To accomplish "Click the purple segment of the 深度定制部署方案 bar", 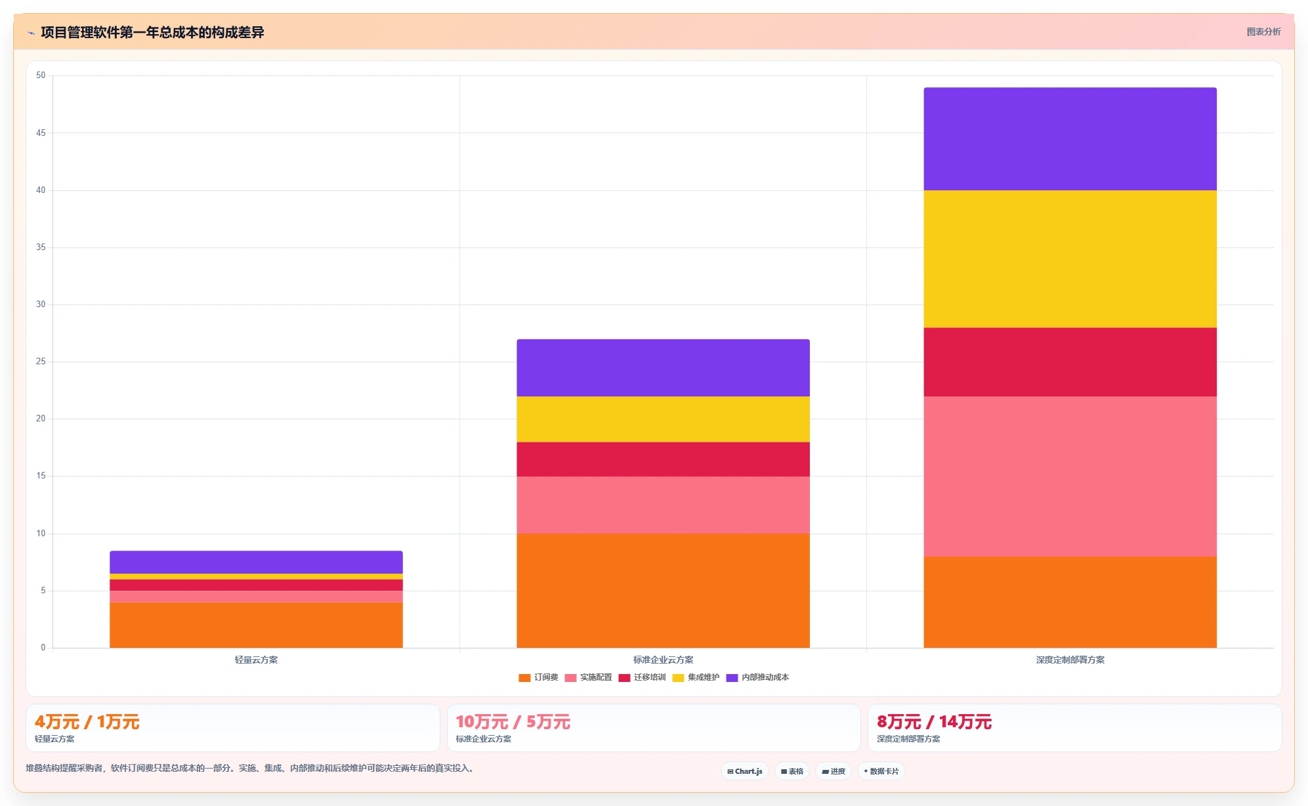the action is tap(1070, 139).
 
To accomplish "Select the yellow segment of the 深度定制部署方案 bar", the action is tap(1070, 259).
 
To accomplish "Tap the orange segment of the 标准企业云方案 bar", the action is tap(663, 591).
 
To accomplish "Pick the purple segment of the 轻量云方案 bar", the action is tap(256, 562).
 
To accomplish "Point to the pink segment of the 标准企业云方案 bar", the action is tap(663, 505).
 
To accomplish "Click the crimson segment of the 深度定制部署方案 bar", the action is tap(1070, 362).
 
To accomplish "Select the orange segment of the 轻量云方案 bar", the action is tap(256, 625).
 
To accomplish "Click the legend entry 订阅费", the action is tap(538, 677).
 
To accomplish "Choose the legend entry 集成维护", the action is tap(696, 677).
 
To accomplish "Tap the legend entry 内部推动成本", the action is tap(757, 677).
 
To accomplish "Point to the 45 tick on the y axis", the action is tap(41, 133).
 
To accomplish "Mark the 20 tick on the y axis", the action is tap(41, 419).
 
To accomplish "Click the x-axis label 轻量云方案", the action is tap(256, 660).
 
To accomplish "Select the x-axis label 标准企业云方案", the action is tap(663, 660).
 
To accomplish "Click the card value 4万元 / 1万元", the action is tap(87, 722).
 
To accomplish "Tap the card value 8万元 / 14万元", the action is tap(934, 722).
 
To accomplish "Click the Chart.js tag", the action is tap(745, 771).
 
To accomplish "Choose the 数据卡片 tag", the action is tap(881, 771).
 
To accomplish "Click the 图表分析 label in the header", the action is tap(1263, 32).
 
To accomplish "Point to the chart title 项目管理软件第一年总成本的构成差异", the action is tap(152, 32).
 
